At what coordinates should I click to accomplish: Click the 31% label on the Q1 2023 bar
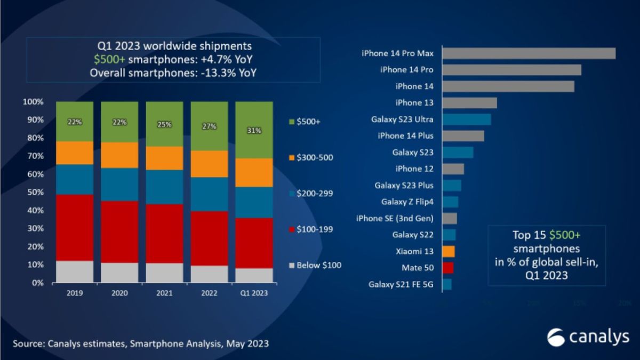point(254,131)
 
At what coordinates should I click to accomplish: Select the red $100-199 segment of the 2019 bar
point(74,227)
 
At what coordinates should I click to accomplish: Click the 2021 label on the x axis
point(164,293)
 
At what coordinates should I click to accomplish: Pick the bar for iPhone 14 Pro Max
point(529,53)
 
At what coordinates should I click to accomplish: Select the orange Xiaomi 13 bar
point(448,251)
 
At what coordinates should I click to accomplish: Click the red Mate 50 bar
point(447,268)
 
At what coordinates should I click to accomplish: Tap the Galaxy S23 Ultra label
point(402,119)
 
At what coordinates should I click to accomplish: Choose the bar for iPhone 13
point(469,102)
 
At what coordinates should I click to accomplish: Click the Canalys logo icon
point(556,337)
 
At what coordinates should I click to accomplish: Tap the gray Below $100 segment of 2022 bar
point(209,274)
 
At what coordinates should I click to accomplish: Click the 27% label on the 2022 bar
point(209,127)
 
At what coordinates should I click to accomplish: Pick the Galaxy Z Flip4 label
point(407,202)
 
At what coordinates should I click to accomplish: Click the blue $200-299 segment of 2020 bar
point(119,185)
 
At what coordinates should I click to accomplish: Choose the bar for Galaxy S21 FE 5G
point(446,284)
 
